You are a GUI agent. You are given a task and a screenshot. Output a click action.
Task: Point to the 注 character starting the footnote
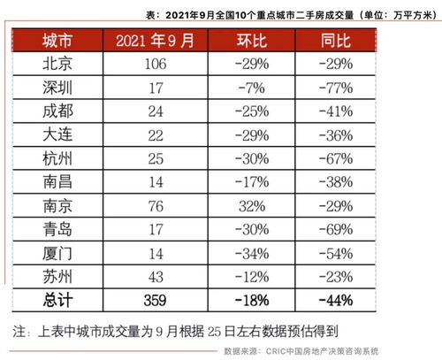pos(20,331)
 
